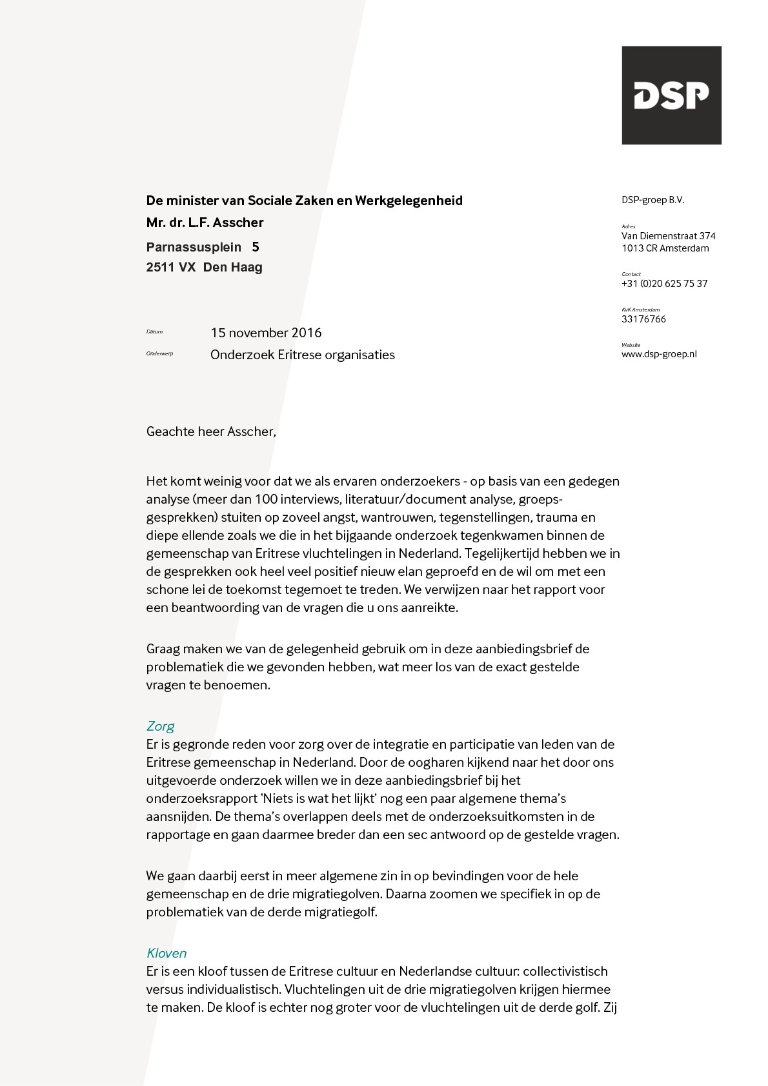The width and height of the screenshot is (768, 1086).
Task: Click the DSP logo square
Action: coord(671,95)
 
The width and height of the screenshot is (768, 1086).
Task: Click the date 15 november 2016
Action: coord(266,333)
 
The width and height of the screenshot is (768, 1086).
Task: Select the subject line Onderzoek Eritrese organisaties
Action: coord(302,355)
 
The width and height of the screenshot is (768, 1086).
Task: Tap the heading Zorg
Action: coord(160,726)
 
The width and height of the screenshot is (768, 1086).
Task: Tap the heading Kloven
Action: coord(167,953)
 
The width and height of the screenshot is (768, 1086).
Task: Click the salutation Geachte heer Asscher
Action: coord(211,431)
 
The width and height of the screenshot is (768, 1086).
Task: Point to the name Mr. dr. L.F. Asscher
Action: coord(205,222)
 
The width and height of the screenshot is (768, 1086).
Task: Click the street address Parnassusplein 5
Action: coord(202,247)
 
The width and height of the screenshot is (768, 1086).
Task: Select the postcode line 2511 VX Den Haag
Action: coord(204,267)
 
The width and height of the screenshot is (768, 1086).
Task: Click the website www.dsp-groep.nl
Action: coord(659,354)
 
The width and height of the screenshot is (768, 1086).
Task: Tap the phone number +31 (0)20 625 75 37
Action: coord(664,284)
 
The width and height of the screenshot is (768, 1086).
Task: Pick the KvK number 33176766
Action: coord(643,319)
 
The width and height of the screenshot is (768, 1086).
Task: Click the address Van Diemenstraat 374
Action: coord(668,236)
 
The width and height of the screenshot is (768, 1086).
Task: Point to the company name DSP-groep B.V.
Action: coord(652,200)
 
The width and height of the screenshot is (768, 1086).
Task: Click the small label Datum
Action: coord(154,331)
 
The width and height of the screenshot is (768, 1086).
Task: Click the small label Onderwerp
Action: coord(159,353)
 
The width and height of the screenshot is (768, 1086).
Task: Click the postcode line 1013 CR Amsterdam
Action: coord(665,248)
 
